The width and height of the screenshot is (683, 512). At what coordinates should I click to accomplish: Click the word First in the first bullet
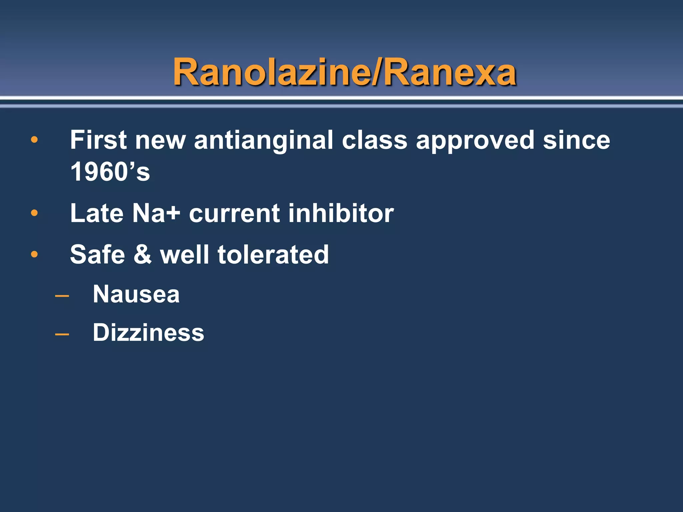98,140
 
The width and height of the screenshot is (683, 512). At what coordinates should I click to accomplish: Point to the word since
576,140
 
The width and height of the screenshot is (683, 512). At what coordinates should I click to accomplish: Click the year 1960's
110,172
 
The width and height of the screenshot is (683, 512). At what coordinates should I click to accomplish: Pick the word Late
97,213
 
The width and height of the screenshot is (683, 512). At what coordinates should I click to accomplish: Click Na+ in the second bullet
156,213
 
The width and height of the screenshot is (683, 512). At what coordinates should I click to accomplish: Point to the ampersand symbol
142,255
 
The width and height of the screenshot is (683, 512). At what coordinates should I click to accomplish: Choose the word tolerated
273,255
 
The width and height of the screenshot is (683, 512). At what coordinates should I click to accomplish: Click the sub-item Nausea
136,295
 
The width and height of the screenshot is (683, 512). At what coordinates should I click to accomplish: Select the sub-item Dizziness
148,333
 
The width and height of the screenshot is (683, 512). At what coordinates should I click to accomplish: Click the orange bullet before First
34,140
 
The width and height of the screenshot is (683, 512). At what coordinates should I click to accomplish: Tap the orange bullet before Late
34,213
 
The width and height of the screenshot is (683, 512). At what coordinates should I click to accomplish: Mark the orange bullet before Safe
34,254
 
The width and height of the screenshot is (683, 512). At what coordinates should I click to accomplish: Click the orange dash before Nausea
62,295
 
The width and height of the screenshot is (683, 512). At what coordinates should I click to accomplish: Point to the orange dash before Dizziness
62,333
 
